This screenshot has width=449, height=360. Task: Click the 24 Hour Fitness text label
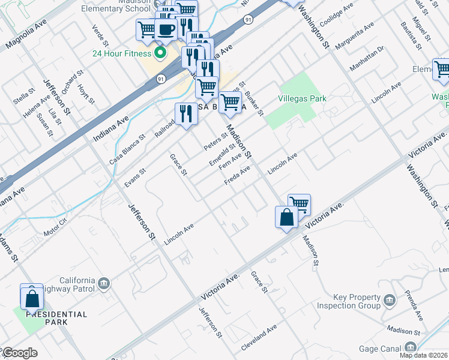tap(120, 53)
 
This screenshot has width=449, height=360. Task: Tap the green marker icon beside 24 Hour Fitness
tap(160, 53)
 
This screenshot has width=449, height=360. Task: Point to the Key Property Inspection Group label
tap(357, 301)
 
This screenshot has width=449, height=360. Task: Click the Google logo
tap(19, 353)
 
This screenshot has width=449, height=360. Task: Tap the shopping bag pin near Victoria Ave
tap(286, 218)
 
